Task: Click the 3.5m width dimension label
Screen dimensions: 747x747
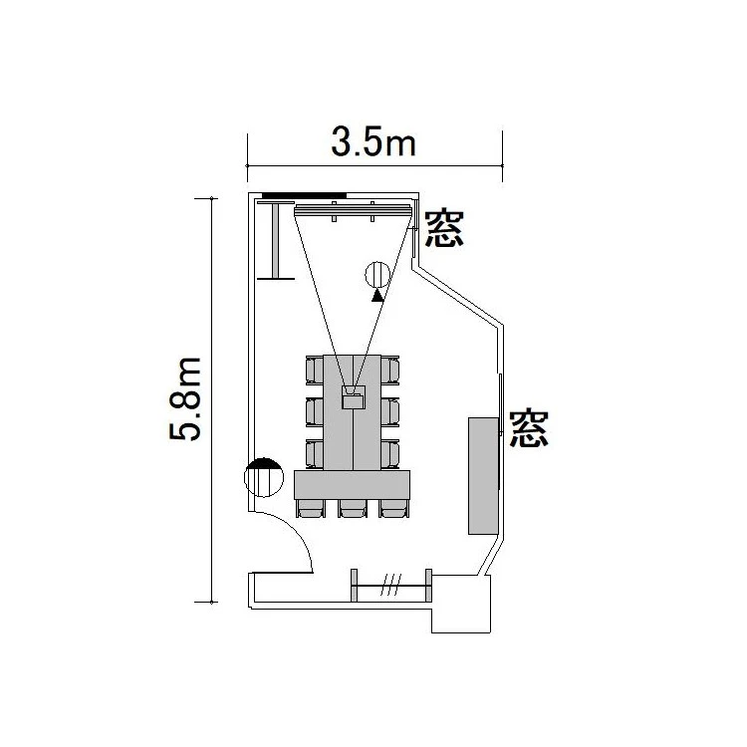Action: click(373, 142)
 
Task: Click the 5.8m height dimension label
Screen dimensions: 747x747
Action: click(185, 398)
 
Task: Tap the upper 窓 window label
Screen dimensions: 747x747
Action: click(443, 229)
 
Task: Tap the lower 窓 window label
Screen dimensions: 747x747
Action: click(529, 428)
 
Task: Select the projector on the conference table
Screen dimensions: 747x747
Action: click(354, 397)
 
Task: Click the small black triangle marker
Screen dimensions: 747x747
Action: click(377, 297)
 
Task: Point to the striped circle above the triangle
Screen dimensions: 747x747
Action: click(377, 275)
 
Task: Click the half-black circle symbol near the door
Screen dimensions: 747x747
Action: click(264, 477)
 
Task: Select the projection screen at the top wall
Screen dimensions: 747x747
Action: click(353, 210)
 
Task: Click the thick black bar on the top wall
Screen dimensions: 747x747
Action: click(305, 195)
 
